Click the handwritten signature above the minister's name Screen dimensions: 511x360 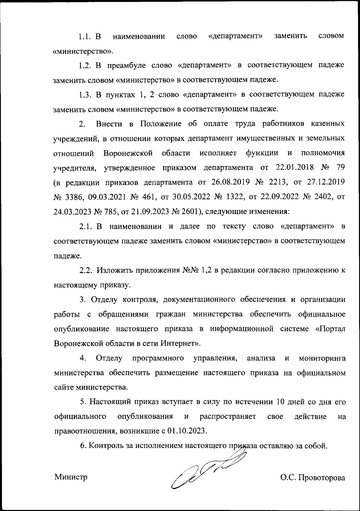point(207,468)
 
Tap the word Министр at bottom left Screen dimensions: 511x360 point(71,477)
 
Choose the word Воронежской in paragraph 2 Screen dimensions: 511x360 point(128,153)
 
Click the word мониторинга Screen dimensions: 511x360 point(322,358)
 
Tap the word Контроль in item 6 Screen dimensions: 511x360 point(105,446)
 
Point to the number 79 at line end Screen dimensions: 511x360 point(340,168)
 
